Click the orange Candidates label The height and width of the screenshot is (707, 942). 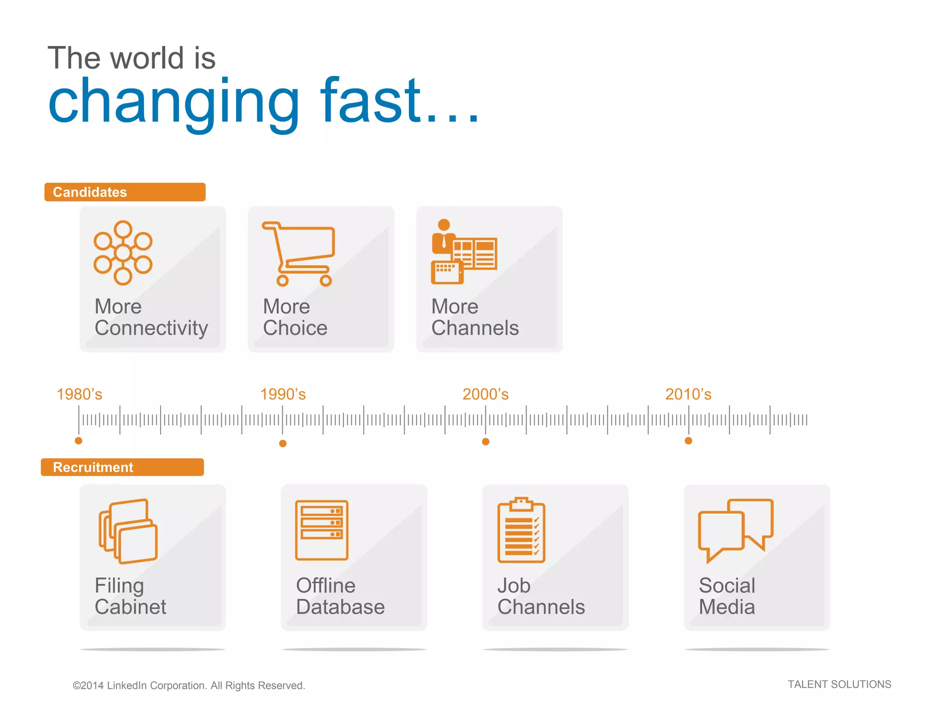tap(125, 192)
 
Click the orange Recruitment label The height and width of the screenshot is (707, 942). tap(122, 467)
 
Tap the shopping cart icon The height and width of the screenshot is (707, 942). tap(299, 254)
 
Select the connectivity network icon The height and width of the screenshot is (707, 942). tap(123, 253)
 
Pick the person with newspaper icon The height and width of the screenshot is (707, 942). tap(464, 252)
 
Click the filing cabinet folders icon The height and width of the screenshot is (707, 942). tap(128, 531)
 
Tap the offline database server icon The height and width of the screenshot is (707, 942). tap(322, 530)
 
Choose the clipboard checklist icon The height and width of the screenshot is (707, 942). tap(521, 530)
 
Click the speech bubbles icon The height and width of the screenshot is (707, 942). tap(735, 530)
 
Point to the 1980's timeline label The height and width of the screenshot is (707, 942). tap(79, 394)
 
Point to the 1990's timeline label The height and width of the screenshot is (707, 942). tap(283, 394)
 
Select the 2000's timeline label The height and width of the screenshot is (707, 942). tap(485, 394)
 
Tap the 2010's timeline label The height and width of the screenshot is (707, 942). tap(688, 394)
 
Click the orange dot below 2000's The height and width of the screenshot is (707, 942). tap(486, 442)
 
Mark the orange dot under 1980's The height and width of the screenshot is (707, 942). tap(79, 441)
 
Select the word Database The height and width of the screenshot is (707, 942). tap(340, 607)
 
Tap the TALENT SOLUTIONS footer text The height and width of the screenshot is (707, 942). tap(839, 684)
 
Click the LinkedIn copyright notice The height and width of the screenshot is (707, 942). tap(189, 685)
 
